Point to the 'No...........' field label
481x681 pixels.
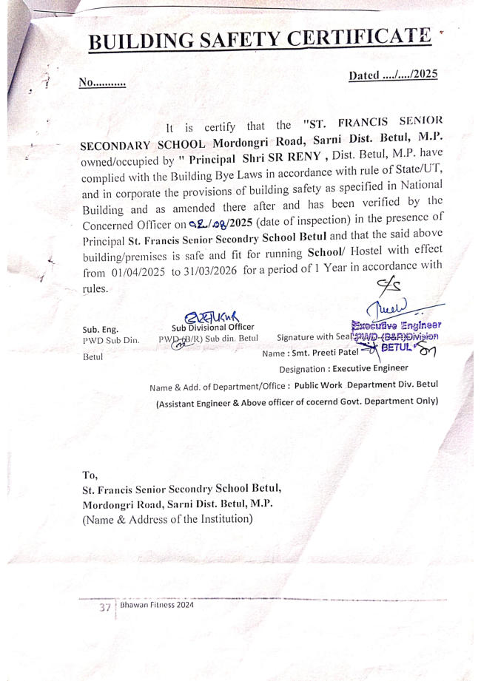(x=102, y=84)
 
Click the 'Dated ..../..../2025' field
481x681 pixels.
(x=392, y=75)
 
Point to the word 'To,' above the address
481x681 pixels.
(x=90, y=475)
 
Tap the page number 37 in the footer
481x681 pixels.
(x=105, y=607)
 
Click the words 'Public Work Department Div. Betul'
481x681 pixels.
(x=367, y=386)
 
